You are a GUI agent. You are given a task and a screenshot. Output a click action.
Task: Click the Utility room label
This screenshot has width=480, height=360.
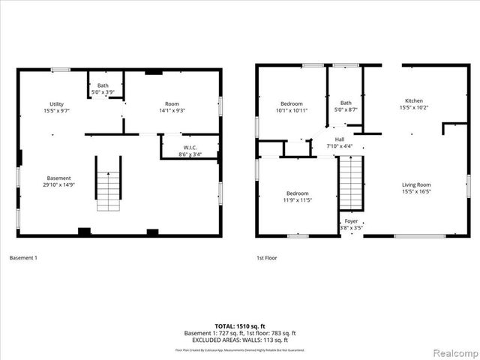57,106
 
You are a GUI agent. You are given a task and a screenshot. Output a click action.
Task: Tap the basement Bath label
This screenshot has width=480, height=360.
101,89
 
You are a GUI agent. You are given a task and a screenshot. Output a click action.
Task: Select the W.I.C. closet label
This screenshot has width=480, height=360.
190,151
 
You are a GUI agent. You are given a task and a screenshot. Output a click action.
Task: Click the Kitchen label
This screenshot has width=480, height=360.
414,104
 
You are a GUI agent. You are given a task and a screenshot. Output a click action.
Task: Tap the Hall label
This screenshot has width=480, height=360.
339,142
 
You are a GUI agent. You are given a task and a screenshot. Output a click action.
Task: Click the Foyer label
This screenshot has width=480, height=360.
351,224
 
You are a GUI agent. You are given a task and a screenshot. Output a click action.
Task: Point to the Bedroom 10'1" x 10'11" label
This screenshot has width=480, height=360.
292,107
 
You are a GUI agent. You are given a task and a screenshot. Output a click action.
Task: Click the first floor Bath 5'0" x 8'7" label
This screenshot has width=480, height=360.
346,106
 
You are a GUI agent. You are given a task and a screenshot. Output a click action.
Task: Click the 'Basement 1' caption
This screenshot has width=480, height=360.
23,258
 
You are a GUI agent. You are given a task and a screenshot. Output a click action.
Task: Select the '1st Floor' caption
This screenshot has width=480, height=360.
267,258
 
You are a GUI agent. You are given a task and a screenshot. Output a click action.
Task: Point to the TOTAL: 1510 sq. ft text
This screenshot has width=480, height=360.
240,326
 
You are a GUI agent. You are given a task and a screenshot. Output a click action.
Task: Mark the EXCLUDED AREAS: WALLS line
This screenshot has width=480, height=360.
240,340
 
